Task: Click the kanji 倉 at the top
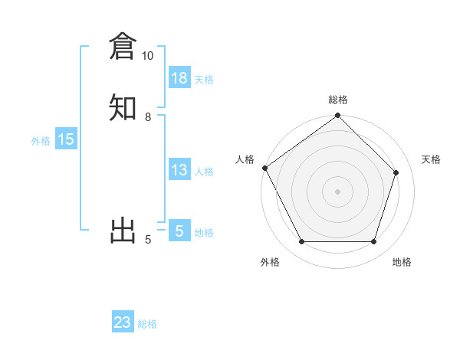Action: point(123,47)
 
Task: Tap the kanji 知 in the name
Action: point(123,107)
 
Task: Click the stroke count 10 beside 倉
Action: point(147,56)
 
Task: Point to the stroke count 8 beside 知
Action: point(148,117)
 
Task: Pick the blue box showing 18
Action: point(179,78)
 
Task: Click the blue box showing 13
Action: point(179,170)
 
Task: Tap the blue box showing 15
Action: point(66,139)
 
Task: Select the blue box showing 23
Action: point(123,322)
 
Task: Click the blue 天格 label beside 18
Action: point(204,80)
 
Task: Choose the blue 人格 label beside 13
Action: point(204,172)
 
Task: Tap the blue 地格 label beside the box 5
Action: point(204,233)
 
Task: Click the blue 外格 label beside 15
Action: point(41,141)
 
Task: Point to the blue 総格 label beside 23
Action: point(147,324)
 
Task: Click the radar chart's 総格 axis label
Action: point(338,100)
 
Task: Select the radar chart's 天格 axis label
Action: point(431,159)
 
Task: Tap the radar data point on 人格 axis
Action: point(264,168)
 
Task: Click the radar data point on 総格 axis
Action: point(338,116)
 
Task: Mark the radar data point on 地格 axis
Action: point(374,242)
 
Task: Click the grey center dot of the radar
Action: point(338,191)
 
